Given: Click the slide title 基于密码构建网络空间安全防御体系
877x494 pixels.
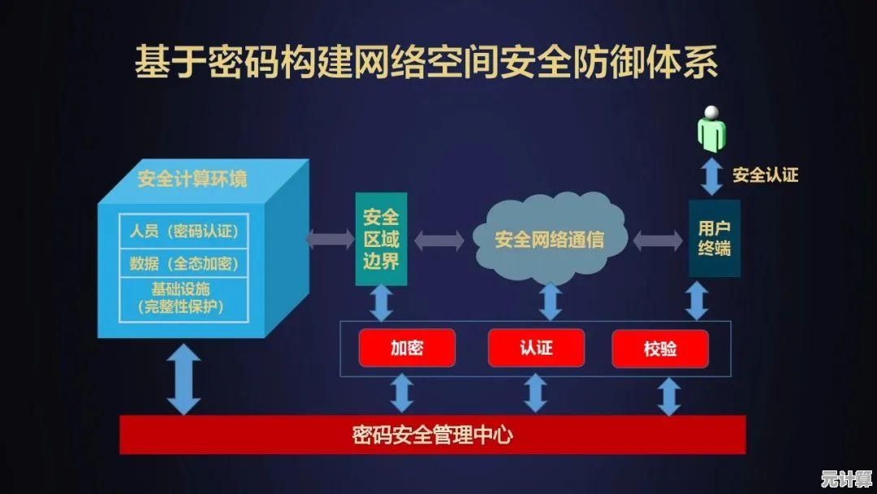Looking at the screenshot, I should [426, 63].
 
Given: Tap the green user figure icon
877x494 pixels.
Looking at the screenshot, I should [712, 128].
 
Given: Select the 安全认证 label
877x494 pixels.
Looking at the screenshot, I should [765, 175].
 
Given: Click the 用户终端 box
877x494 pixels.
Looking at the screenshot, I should [714, 238].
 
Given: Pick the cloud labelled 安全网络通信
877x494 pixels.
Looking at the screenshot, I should [550, 239].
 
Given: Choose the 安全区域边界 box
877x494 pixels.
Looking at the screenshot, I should [380, 239].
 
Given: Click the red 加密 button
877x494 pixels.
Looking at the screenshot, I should [407, 348].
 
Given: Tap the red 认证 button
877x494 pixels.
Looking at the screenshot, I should [536, 348].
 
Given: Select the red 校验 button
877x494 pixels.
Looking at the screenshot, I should [659, 349].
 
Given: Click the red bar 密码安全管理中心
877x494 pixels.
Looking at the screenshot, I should [432, 435].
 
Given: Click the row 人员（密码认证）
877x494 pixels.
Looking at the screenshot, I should [184, 231].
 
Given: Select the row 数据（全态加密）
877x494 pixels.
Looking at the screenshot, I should [184, 263].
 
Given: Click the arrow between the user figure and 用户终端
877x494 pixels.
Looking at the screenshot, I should [712, 176].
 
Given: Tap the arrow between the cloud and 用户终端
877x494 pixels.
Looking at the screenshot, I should [658, 240].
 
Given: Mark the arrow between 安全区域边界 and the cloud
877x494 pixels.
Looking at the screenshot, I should [439, 240].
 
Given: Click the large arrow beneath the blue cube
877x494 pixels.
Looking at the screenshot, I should [184, 379].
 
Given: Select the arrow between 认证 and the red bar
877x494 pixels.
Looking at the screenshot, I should [535, 393].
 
